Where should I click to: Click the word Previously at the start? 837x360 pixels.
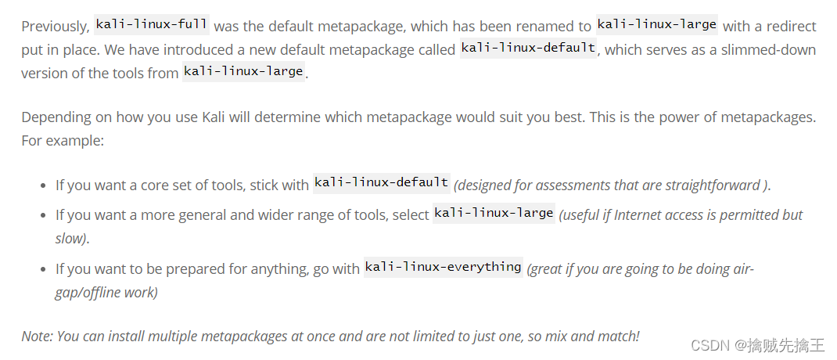coord(55,26)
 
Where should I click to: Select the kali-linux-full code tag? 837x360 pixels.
coord(152,24)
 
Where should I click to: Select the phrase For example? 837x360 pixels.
coord(63,141)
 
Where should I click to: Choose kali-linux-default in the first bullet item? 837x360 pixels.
coord(381,182)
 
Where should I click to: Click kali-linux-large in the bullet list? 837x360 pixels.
coord(494,212)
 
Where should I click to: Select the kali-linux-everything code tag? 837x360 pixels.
coord(443,267)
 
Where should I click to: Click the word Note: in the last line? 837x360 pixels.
coord(36,336)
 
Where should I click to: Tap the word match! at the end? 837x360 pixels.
coord(617,336)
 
